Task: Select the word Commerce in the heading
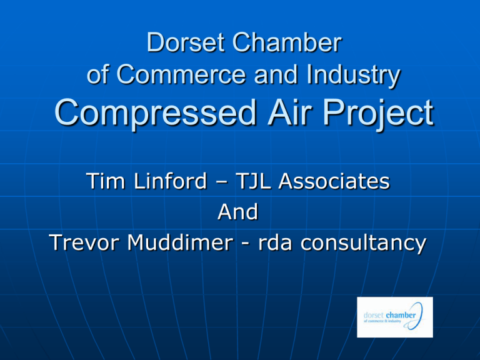point(181,74)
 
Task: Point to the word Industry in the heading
point(353,76)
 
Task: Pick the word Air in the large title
point(289,112)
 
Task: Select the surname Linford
point(171,181)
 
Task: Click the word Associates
point(334,181)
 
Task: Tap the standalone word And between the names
point(238,211)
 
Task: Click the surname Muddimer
point(181,242)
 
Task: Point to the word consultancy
point(363,244)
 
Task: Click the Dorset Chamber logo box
point(395,317)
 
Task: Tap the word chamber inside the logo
point(401,315)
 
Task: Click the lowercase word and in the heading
point(276,74)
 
